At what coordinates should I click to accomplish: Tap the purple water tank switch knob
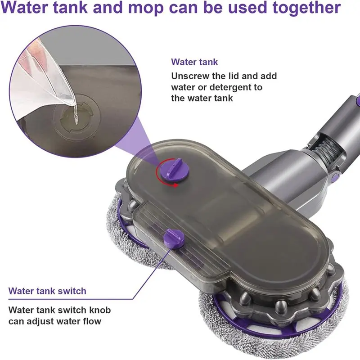click(x=173, y=237)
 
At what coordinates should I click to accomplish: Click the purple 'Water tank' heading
click(x=194, y=62)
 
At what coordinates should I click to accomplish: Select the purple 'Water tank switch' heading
click(x=47, y=291)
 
